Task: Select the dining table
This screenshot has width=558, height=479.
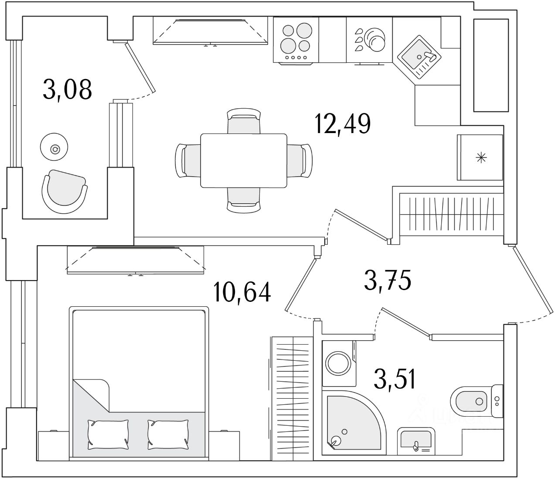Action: coord(243,161)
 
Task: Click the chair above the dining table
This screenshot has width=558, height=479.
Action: coord(244,121)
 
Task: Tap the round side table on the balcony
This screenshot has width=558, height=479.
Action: coord(54,149)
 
